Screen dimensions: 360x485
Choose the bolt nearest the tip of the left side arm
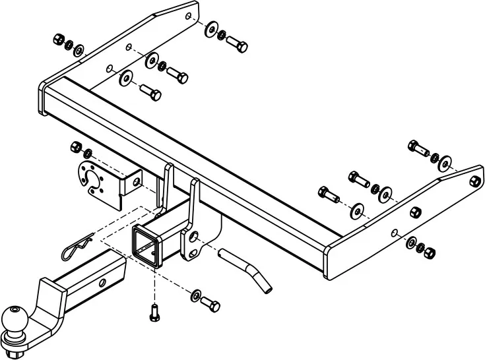point(237,44)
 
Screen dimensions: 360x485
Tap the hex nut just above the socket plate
point(75,146)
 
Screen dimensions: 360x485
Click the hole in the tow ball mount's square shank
point(102,283)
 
